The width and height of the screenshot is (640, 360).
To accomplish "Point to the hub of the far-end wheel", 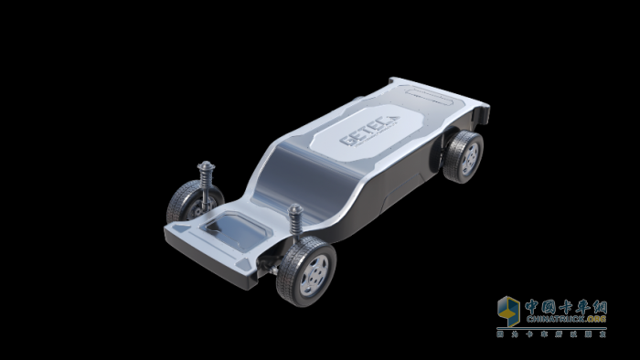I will coord(470,157).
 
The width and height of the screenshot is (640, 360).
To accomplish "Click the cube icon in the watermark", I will coord(508,310).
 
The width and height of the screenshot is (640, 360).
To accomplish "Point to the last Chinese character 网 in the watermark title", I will coord(598,304).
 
